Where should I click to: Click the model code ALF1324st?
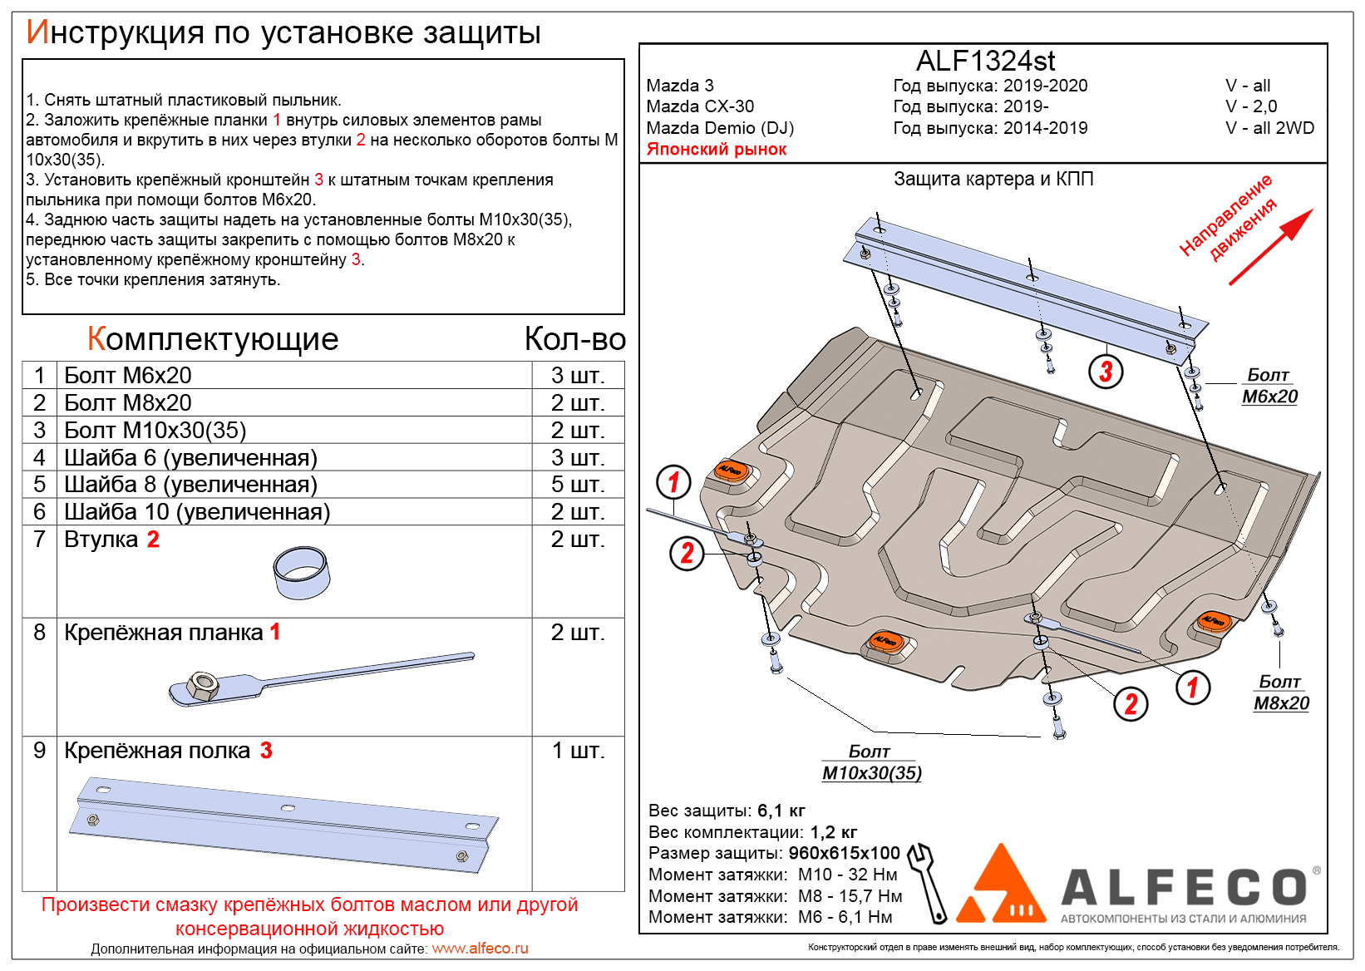tap(985, 61)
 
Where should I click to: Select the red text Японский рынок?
tap(716, 150)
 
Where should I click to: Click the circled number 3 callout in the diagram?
tap(1106, 372)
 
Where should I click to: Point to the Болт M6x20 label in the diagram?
tap(1269, 387)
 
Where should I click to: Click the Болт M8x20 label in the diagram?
tap(1280, 693)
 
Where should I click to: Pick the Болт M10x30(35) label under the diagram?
tap(871, 763)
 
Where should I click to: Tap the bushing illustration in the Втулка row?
tap(301, 573)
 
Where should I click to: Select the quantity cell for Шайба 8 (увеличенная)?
tap(578, 485)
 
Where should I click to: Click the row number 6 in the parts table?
tap(39, 512)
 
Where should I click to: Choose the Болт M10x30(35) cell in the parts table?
tap(155, 431)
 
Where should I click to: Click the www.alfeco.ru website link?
tap(480, 949)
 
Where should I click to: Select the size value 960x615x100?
tap(844, 853)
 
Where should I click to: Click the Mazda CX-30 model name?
tap(700, 106)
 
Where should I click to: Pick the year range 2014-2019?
tap(1045, 128)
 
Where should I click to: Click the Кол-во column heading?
tap(574, 339)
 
